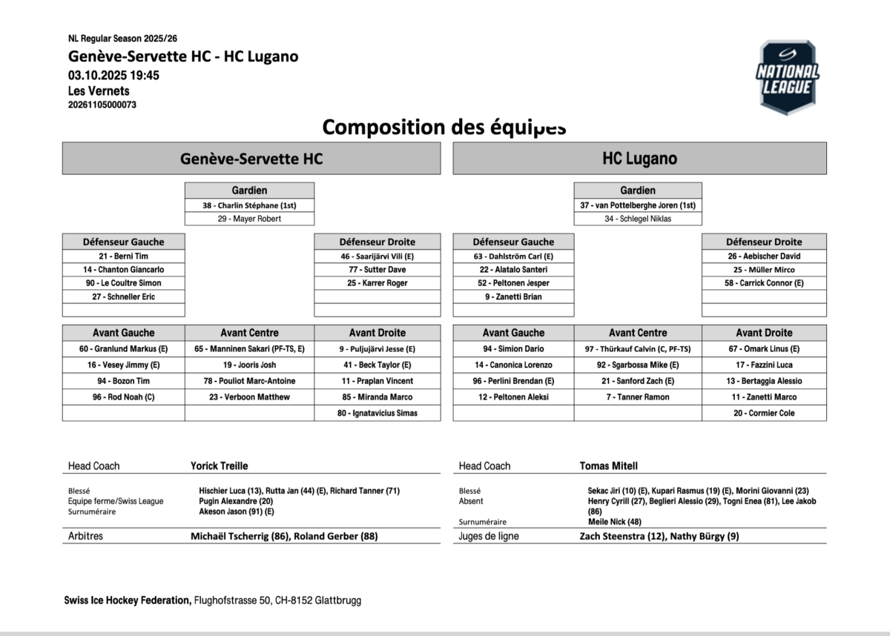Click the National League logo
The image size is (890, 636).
point(787,78)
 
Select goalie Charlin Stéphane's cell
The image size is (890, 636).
point(249,205)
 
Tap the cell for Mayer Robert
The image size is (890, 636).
point(249,219)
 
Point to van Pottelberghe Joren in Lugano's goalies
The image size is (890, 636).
point(638,205)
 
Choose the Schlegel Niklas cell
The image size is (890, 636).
point(638,219)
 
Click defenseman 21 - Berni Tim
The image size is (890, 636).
point(123,256)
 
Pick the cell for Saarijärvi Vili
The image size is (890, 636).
point(377,256)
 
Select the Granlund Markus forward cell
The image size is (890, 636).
point(123,348)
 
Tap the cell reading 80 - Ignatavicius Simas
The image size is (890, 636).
point(377,413)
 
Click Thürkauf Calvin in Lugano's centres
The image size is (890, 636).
point(638,348)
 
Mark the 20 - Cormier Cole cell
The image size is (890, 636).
point(764,413)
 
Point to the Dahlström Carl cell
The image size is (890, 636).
point(513,256)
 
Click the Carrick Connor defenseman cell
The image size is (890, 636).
point(764,283)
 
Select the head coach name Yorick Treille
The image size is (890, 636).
point(219,466)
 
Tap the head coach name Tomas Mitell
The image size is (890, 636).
point(608,466)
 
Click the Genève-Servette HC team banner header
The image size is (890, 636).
point(251,159)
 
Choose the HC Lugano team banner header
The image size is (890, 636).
point(639,159)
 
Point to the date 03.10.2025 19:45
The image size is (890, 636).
point(113,75)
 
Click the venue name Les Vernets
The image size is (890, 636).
point(99,91)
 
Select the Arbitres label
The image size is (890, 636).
point(85,536)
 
